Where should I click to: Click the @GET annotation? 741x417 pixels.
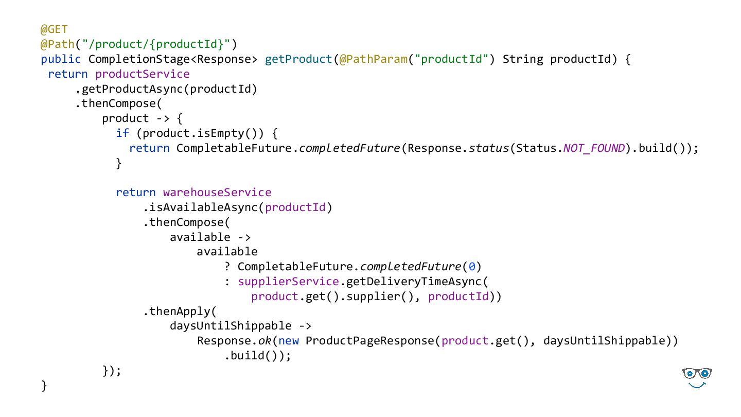pos(54,29)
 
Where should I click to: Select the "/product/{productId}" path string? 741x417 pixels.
pos(156,44)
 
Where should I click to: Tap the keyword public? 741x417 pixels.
pos(61,59)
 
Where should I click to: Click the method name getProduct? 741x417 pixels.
pos(298,59)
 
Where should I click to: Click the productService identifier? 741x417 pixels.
pos(143,74)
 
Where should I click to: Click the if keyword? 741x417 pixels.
pos(122,133)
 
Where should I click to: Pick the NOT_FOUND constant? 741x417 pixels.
pos(594,148)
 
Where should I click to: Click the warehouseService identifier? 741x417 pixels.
pos(217,193)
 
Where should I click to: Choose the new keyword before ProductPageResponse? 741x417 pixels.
pos(288,341)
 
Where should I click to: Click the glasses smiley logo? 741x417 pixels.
pos(697,377)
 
